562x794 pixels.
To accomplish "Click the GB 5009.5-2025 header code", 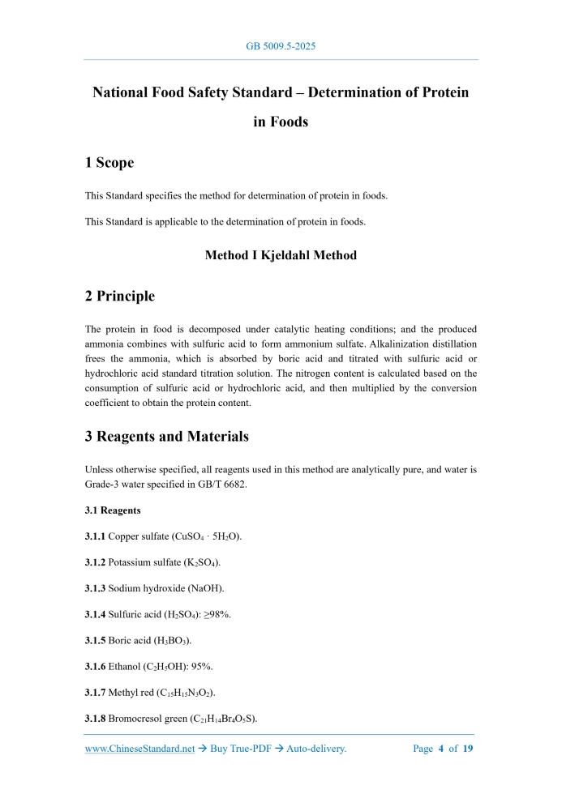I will (x=281, y=46).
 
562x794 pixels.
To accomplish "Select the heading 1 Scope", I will (x=109, y=163).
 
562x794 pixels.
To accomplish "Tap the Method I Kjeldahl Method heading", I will (x=281, y=255).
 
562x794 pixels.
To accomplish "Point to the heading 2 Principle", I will (x=120, y=296).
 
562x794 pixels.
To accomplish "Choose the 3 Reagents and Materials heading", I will (x=166, y=436).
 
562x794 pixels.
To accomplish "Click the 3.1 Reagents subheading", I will (x=113, y=510).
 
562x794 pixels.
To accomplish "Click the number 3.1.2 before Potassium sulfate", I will (x=95, y=562).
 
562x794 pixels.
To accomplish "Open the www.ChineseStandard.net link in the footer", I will (x=139, y=749).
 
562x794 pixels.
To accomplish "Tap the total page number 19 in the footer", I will (x=468, y=749).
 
